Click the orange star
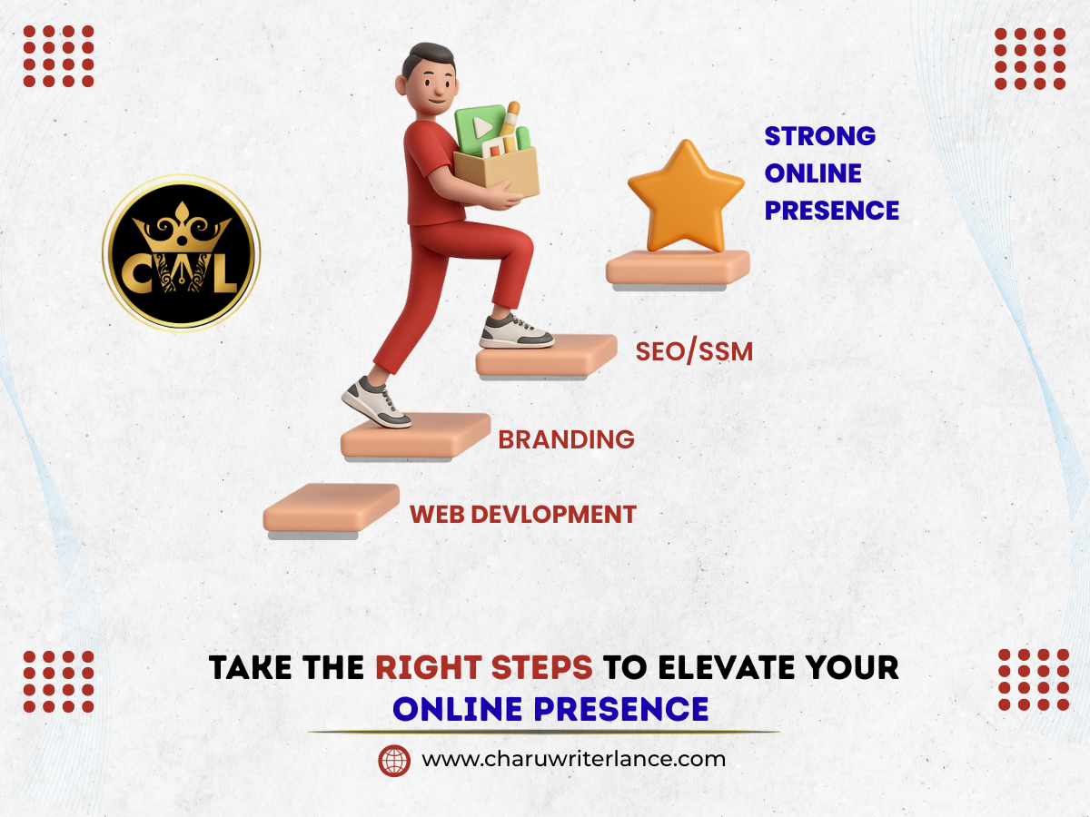coord(687,199)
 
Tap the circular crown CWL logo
coord(182,253)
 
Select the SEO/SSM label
coord(694,351)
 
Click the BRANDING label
coord(566,439)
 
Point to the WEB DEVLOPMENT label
coord(523,515)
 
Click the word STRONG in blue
coord(820,136)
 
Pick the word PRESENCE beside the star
coord(832,211)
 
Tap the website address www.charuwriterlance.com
coord(573,760)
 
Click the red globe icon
coord(394,761)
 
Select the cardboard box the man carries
coord(497,172)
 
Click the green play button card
coord(480,129)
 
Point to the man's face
coord(435,88)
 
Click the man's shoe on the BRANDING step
coord(376,402)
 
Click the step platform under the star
coord(678,270)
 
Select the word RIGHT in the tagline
coord(429,667)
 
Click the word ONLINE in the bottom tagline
coord(458,709)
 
